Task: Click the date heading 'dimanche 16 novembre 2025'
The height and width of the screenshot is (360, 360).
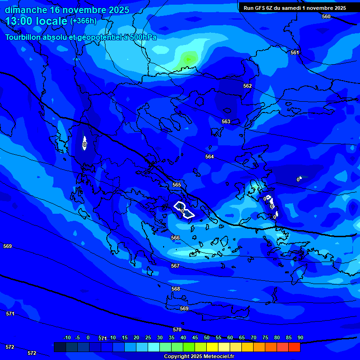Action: pyautogui.click(x=67, y=10)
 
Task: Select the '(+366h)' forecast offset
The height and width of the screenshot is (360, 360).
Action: pyautogui.click(x=83, y=21)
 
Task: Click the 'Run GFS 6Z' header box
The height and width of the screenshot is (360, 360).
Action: pyautogui.click(x=295, y=8)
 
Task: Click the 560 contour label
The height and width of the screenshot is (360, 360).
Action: pyautogui.click(x=326, y=16)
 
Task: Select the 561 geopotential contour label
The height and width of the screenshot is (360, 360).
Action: pyautogui.click(x=294, y=52)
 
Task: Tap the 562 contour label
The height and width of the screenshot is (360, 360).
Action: pyautogui.click(x=247, y=86)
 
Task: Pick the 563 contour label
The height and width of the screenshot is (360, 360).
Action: pyautogui.click(x=226, y=121)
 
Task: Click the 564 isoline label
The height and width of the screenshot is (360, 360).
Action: pyautogui.click(x=210, y=157)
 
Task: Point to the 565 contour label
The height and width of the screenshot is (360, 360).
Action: pyautogui.click(x=177, y=185)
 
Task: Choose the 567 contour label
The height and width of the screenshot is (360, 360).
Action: pyautogui.click(x=175, y=266)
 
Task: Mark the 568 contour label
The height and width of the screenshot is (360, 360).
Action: pyautogui.click(x=176, y=289)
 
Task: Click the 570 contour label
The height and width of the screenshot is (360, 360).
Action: pyautogui.click(x=177, y=330)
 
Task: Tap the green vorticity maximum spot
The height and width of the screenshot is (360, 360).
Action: pyautogui.click(x=189, y=59)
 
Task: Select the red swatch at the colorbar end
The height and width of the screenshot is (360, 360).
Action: pyautogui.click(x=294, y=347)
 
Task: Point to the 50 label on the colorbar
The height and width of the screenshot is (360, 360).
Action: pyautogui.click(x=207, y=337)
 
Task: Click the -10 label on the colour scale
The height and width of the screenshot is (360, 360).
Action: pyautogui.click(x=67, y=337)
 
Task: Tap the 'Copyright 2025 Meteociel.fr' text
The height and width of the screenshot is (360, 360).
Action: pyautogui.click(x=200, y=356)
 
